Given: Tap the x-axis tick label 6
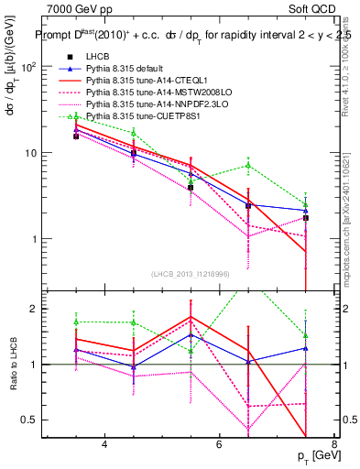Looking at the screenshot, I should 219,444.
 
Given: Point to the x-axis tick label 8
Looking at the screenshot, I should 333,444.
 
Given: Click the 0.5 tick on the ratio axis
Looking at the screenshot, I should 31,420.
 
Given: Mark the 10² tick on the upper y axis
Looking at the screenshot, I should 29,67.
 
